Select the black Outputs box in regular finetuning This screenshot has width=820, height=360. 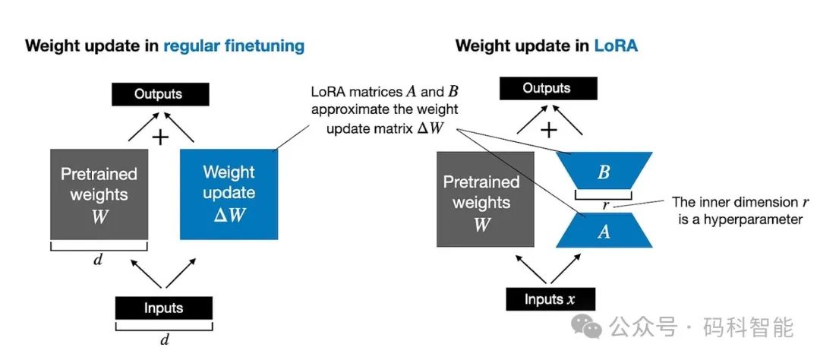coord(158,94)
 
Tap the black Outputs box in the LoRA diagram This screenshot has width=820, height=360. coord(546,88)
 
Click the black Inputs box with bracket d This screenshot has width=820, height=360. coord(163,308)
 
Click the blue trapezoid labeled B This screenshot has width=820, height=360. coord(604,172)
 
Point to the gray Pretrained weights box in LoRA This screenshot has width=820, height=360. coord(481,199)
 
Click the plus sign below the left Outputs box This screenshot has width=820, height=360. coord(160,137)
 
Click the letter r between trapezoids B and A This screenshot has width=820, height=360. coord(605,204)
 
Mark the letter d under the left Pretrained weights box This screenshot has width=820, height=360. coord(98,261)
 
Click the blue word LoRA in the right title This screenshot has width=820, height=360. coord(616,46)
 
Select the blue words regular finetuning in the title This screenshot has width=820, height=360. coord(234,46)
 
